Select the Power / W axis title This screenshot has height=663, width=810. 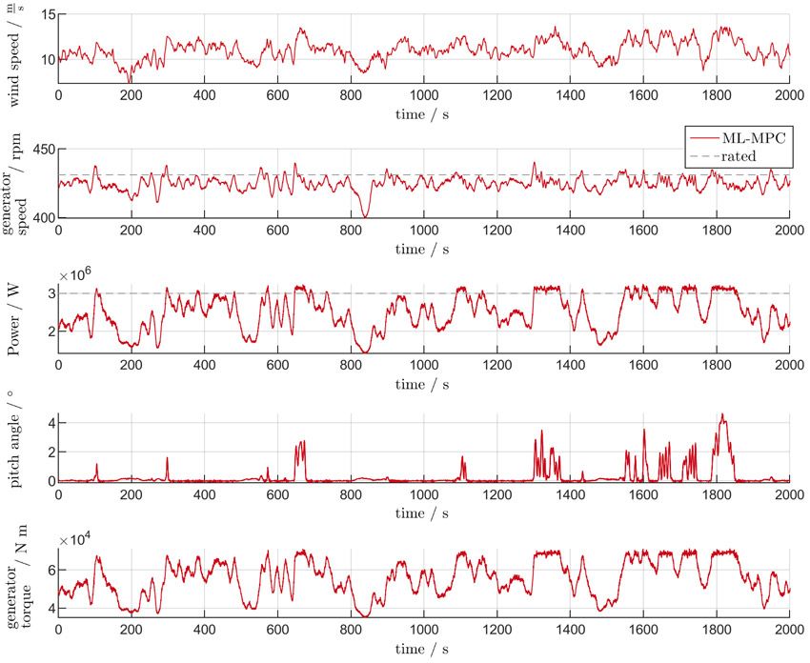pyautogui.click(x=16, y=319)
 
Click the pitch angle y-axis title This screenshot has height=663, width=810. pyautogui.click(x=16, y=450)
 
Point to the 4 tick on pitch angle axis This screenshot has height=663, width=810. pyautogui.click(x=50, y=422)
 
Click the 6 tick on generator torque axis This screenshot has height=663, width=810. pyautogui.click(x=50, y=570)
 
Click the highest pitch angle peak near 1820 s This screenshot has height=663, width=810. pyautogui.click(x=722, y=414)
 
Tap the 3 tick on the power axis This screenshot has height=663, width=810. pyautogui.click(x=50, y=293)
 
